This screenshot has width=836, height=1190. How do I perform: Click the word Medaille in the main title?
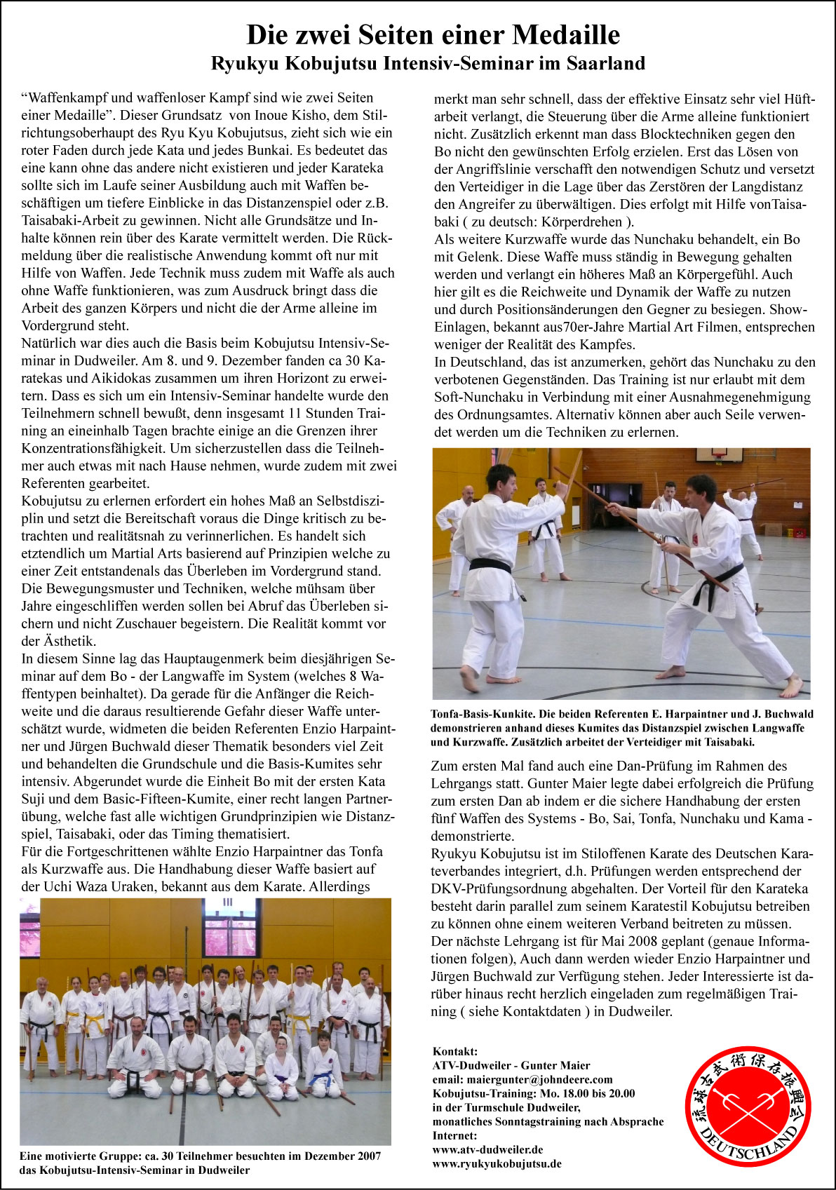[x=565, y=34]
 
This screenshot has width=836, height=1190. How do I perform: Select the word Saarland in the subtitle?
[x=607, y=64]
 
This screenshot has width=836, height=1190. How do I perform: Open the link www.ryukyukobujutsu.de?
[x=497, y=1163]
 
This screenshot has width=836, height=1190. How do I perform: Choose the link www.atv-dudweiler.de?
[x=487, y=1149]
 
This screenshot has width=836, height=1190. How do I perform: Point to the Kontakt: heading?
[x=455, y=1051]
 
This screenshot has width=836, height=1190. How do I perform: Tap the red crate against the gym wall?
[x=798, y=532]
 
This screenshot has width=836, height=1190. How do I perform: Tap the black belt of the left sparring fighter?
[x=490, y=565]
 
